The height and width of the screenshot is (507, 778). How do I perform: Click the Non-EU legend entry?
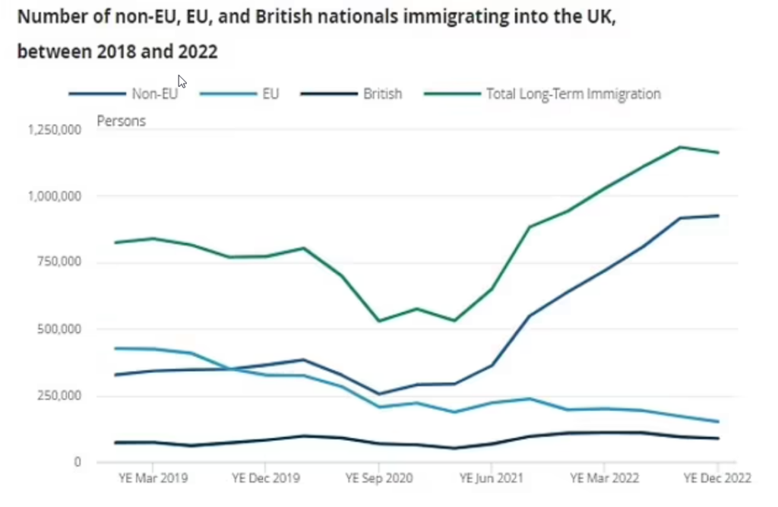tap(154, 94)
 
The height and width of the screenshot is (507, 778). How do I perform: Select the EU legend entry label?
tap(270, 94)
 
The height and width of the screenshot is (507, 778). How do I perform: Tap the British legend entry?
tap(382, 94)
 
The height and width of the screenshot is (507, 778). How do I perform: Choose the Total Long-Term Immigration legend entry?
tap(574, 94)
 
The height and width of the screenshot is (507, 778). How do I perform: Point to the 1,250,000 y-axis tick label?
tap(54, 130)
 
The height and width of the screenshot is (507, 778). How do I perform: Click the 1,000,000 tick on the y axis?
tap(54, 196)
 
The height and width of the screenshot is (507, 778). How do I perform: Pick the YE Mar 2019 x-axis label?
tap(153, 478)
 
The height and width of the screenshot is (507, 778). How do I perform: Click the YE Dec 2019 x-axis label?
tap(265, 478)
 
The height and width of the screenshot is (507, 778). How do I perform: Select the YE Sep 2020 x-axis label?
tap(378, 478)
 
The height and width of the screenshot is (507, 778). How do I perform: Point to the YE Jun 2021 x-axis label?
tap(492, 478)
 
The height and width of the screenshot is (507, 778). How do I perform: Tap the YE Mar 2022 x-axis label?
tap(604, 478)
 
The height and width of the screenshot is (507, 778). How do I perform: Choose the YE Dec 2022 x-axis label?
tap(716, 478)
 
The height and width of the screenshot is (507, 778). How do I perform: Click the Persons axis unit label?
tap(121, 121)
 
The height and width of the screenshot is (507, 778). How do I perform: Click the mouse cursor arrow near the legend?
tap(182, 81)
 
